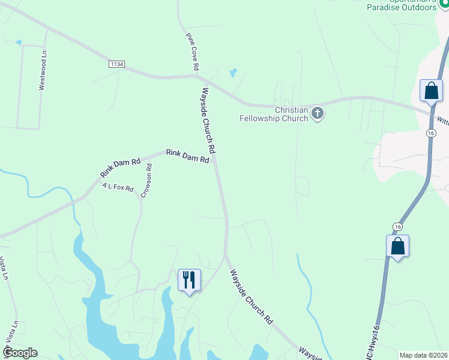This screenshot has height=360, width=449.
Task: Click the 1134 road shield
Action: point(116,64)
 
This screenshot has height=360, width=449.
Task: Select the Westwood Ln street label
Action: point(43,70)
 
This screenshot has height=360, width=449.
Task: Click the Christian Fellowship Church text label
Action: point(291,114)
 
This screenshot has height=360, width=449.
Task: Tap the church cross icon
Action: point(318,112)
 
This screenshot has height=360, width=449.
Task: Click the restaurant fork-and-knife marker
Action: point(189,280)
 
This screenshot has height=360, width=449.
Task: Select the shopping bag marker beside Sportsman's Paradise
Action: point(431,91)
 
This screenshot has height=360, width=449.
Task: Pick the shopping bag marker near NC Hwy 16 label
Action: point(397,246)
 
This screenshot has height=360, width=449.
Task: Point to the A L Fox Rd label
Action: point(118,188)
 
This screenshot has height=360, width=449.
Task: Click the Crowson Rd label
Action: point(146,181)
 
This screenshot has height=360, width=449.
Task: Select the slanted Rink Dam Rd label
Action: point(120,168)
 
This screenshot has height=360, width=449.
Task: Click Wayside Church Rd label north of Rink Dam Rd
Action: point(208,121)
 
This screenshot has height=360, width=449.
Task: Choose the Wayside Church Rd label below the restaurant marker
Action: point(252,296)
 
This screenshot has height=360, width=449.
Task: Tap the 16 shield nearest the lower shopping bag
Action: point(397,226)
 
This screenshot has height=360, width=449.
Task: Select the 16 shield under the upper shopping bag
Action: point(431,133)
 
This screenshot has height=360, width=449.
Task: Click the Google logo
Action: point(20,353)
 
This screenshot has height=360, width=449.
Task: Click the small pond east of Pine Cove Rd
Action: point(232,73)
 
